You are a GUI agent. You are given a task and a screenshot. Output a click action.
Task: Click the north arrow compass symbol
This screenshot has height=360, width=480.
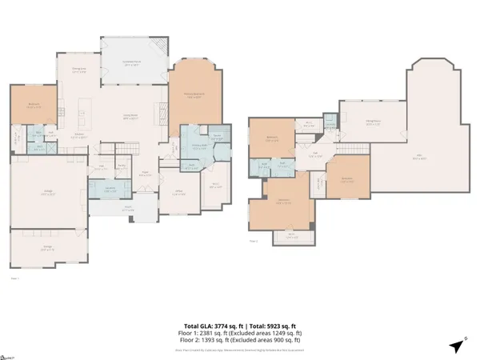(x=456, y=346)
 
